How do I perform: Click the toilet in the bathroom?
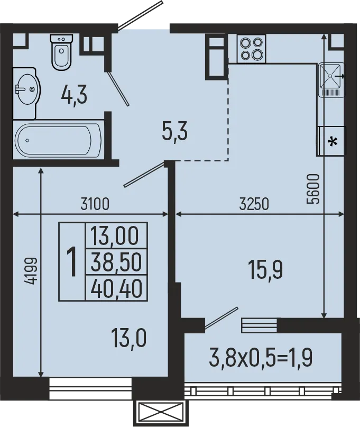tap(61, 51)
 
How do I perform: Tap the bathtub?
tap(58, 139)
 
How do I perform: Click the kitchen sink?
tap(331, 80)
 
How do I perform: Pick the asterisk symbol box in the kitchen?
tap(331, 142)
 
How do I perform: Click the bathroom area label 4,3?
tap(74, 95)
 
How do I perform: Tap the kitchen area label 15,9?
tap(265, 270)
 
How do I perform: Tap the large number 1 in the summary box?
tap(71, 261)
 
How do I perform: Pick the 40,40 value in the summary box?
tap(116, 288)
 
